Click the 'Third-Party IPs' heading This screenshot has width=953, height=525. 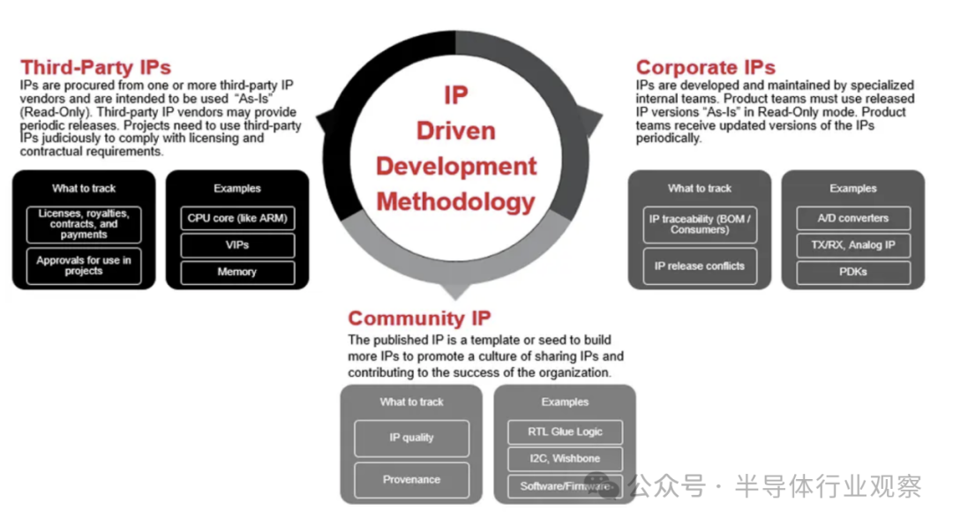tap(96, 67)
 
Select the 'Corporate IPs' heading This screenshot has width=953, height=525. tap(705, 67)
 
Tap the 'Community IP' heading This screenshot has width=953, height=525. tap(419, 319)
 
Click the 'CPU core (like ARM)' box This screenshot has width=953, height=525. tap(237, 218)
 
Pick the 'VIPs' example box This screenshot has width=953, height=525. tap(237, 245)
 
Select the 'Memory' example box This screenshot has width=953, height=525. tap(237, 273)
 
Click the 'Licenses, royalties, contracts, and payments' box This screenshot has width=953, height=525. tap(84, 224)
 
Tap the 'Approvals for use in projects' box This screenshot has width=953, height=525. tap(84, 266)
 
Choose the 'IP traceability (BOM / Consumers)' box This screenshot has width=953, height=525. tap(700, 224)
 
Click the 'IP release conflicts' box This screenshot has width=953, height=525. tap(700, 266)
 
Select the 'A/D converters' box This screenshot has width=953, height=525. tap(853, 218)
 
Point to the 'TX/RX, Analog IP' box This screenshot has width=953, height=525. tap(853, 245)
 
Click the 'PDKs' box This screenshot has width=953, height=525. tap(853, 273)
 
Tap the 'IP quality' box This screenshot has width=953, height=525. tap(411, 438)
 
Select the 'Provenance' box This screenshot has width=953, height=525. tap(411, 480)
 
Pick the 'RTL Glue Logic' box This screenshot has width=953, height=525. tap(565, 431)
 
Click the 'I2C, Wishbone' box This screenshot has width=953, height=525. tap(565, 459)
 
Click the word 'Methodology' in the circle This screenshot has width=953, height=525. tap(455, 201)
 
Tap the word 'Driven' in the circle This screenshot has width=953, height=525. tap(455, 131)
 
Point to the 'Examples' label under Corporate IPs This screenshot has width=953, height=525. tap(853, 188)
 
